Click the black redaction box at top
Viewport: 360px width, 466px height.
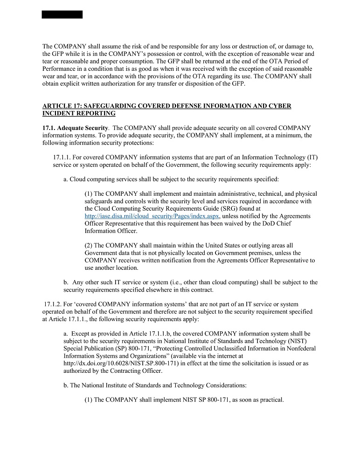pos(62,14)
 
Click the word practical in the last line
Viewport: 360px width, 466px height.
pos(271,400)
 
